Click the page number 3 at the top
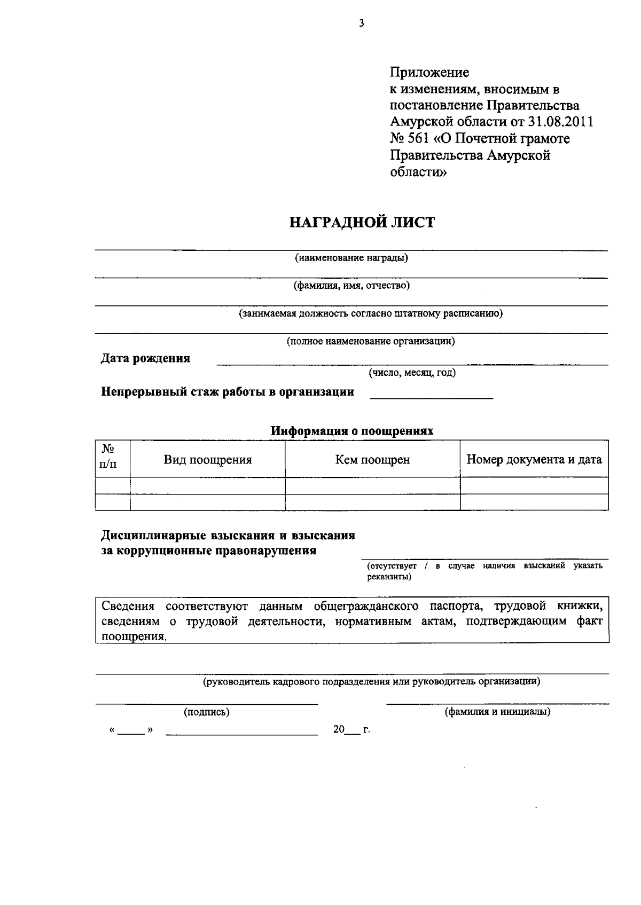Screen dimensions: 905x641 click(x=362, y=23)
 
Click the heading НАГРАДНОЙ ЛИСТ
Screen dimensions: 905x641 click(x=362, y=222)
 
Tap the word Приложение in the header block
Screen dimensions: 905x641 click(x=429, y=72)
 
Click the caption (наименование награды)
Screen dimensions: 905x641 click(x=351, y=258)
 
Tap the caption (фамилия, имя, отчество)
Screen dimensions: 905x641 click(x=351, y=286)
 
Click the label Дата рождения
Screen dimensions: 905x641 click(x=145, y=358)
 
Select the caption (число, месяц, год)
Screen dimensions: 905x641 click(x=412, y=373)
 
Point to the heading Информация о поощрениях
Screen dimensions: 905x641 click(x=351, y=431)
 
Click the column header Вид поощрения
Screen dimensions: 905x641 click(x=207, y=460)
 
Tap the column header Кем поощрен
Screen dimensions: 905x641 click(x=372, y=460)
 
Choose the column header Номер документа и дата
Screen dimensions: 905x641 click(x=534, y=460)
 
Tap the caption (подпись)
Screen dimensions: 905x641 click(x=207, y=712)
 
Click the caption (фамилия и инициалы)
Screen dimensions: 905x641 click(x=497, y=712)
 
